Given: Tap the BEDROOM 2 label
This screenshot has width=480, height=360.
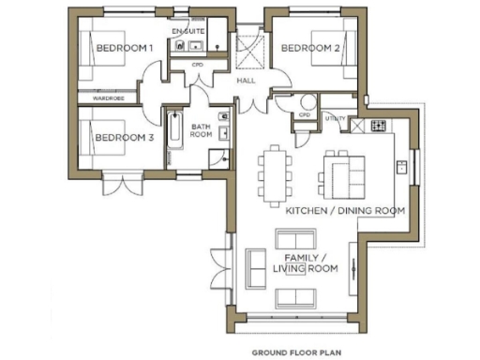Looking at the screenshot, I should click(x=309, y=48).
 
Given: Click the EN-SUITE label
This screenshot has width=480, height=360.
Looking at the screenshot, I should click(x=187, y=32).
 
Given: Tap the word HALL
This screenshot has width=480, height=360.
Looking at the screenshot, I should click(x=246, y=81).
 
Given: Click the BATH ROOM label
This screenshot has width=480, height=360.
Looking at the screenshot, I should click(x=202, y=130).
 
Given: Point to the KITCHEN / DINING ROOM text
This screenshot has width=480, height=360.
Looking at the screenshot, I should click(x=345, y=211).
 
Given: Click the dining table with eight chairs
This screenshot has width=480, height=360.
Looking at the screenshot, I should click(x=274, y=174).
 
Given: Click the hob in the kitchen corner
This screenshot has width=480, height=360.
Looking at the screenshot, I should click(x=379, y=125).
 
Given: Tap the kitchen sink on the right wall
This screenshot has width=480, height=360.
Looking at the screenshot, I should click(x=400, y=168).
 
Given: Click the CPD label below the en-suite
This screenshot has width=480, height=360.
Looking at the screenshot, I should click(x=197, y=65).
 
